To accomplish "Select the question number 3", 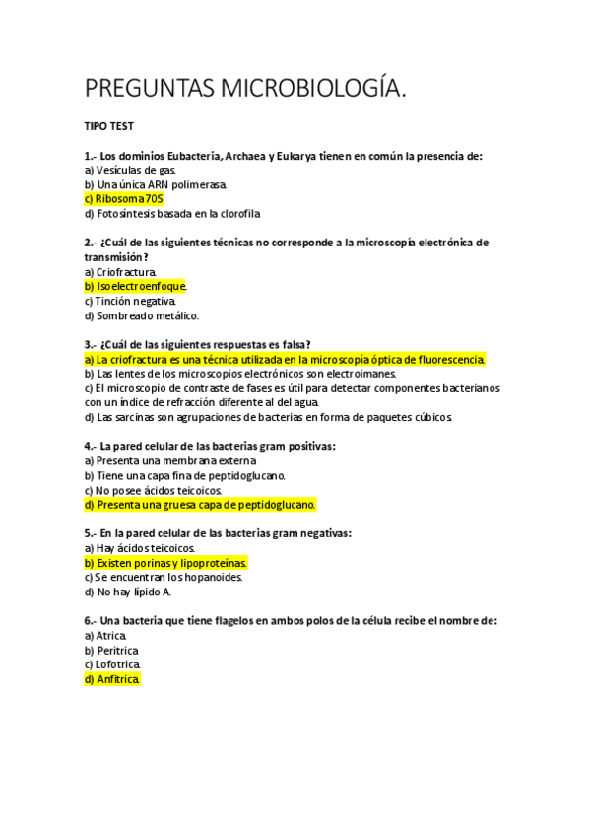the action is [90, 344].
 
